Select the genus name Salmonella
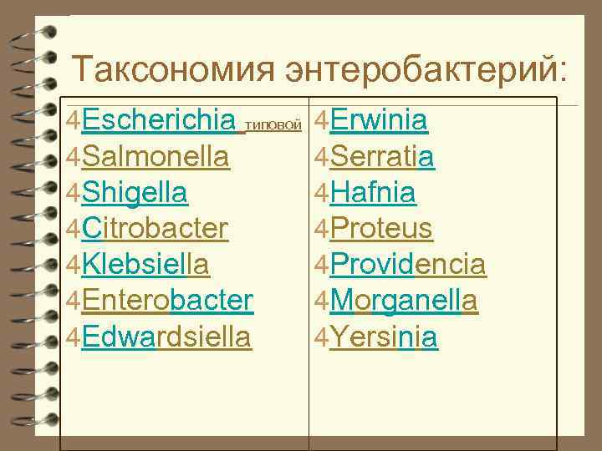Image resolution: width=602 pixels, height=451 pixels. coord(156,157)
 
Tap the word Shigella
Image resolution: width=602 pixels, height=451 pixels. coord(135,193)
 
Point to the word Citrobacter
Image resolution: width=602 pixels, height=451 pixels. coord(156,228)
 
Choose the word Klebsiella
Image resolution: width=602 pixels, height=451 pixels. coord(145,265)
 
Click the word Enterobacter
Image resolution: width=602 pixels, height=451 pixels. coord(167,300)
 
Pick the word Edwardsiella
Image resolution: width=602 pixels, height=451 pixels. coord(166,336)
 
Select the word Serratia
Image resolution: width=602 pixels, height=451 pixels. coord(382,157)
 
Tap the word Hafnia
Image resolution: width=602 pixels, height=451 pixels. coord(373,193)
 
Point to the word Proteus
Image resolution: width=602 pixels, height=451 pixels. coord(381,228)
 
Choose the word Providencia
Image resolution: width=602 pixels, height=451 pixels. coord(408,265)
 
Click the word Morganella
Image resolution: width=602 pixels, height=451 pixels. coord(404,300)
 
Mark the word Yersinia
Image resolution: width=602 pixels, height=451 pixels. coord(384,336)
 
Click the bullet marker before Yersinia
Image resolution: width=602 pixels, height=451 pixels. coord(322,337)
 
